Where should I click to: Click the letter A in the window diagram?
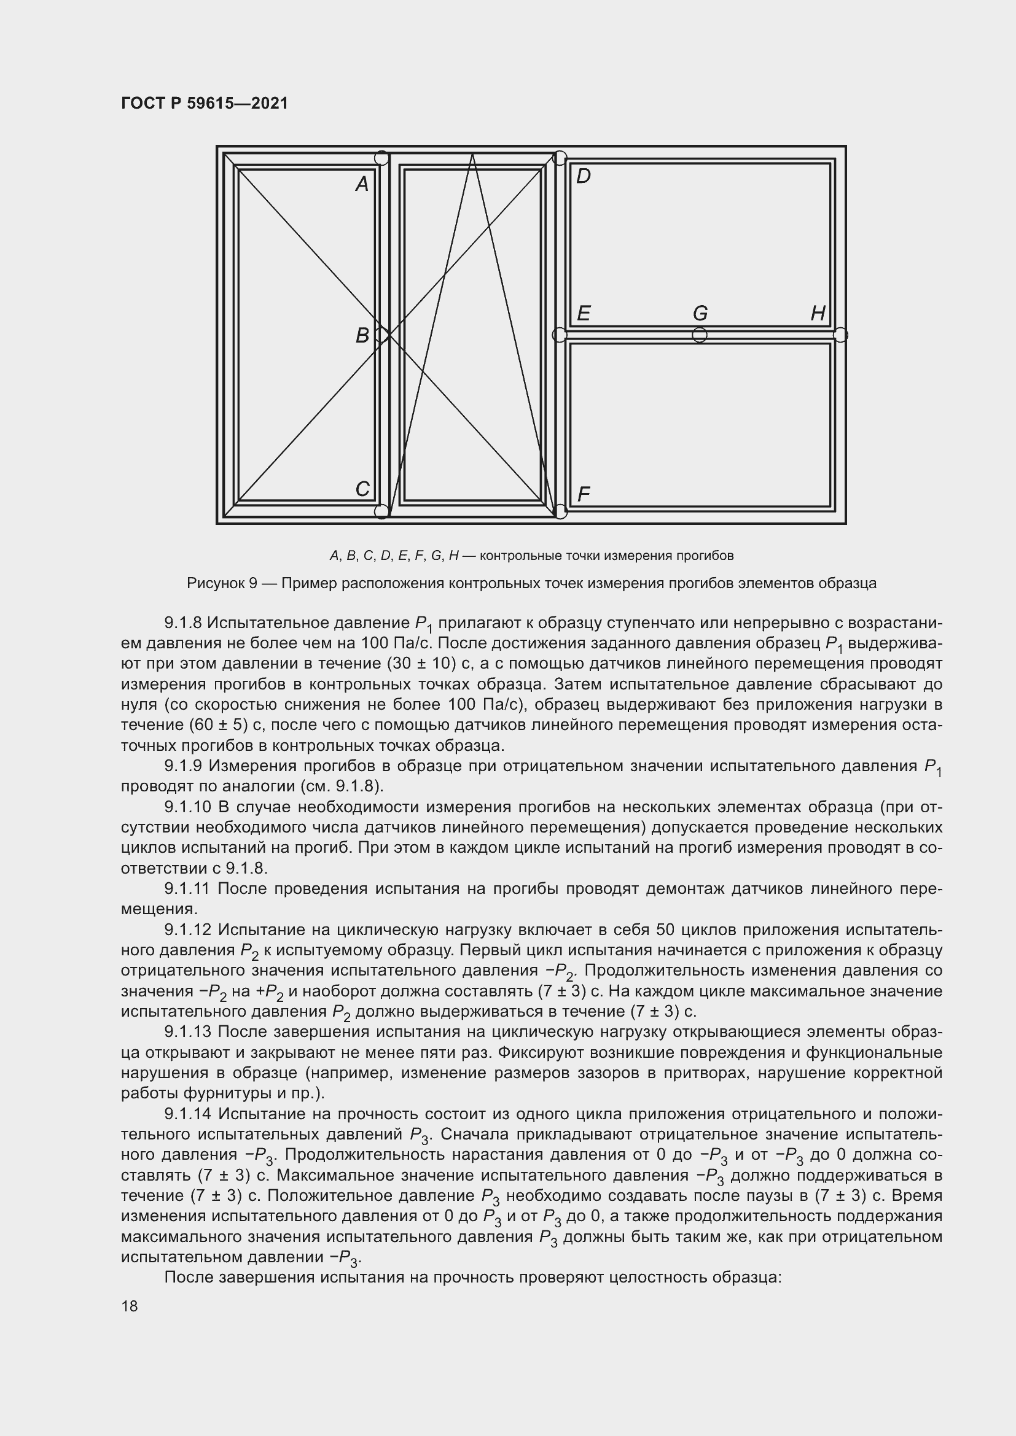click(362, 184)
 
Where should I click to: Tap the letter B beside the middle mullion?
click(362, 336)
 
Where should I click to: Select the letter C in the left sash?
click(362, 489)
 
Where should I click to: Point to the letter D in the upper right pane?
click(583, 176)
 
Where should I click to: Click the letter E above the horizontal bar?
click(583, 312)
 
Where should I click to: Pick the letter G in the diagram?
click(700, 312)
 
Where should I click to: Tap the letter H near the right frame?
click(818, 312)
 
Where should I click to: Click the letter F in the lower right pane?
click(583, 495)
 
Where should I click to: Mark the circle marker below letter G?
click(700, 335)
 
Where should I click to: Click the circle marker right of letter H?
click(840, 335)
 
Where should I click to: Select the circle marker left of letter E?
click(560, 335)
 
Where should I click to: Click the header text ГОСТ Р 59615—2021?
click(205, 103)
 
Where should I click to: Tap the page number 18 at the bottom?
click(130, 1306)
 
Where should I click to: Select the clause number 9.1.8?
click(182, 623)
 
